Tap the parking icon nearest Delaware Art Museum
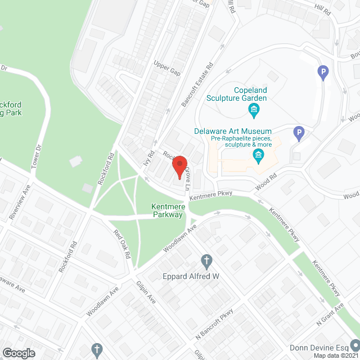point(299,134)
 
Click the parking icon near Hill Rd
point(323,72)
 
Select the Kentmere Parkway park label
point(167,210)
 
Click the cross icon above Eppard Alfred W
point(206,261)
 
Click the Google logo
point(19,353)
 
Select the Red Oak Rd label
point(121,244)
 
